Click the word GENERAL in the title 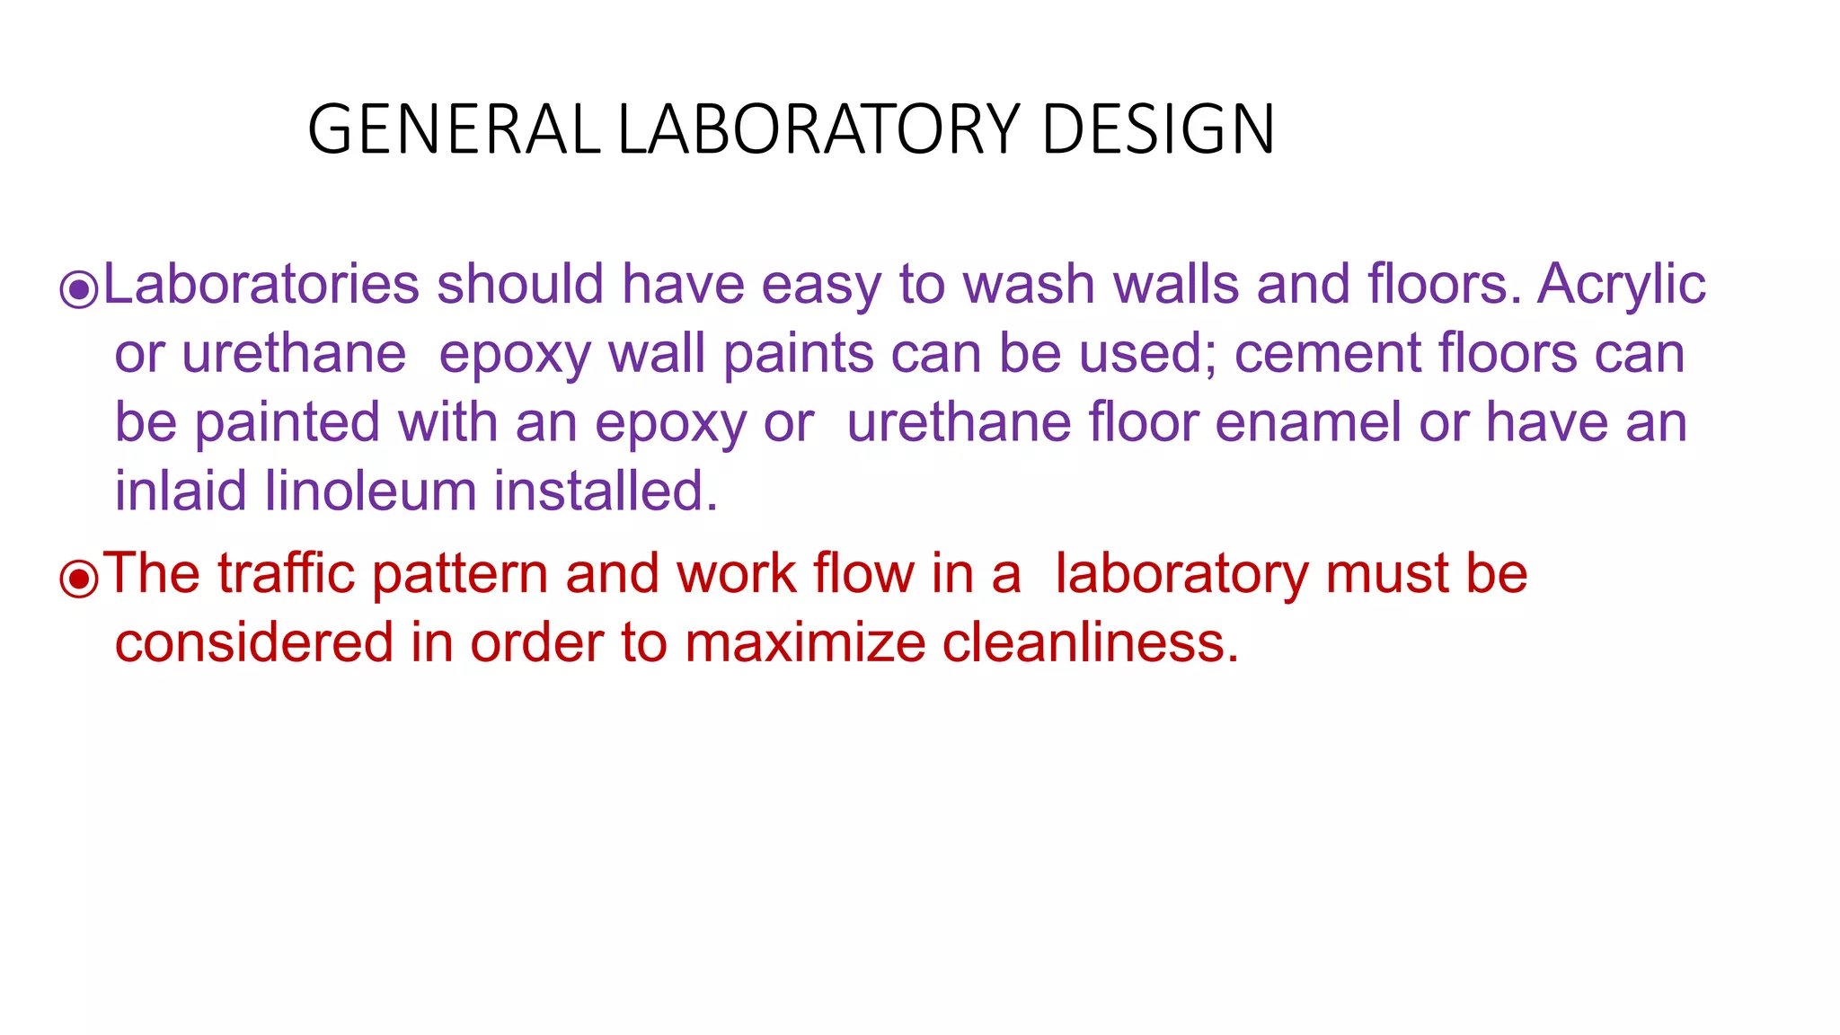pyautogui.click(x=454, y=129)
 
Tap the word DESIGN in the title pyautogui.click(x=1158, y=129)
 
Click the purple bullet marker pyautogui.click(x=78, y=289)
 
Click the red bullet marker pyautogui.click(x=78, y=579)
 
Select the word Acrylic pyautogui.click(x=1621, y=286)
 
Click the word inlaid pyautogui.click(x=181, y=491)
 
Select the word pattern pyautogui.click(x=459, y=575)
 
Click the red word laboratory pyautogui.click(x=1181, y=575)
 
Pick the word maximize pyautogui.click(x=804, y=643)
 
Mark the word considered pyautogui.click(x=254, y=643)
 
